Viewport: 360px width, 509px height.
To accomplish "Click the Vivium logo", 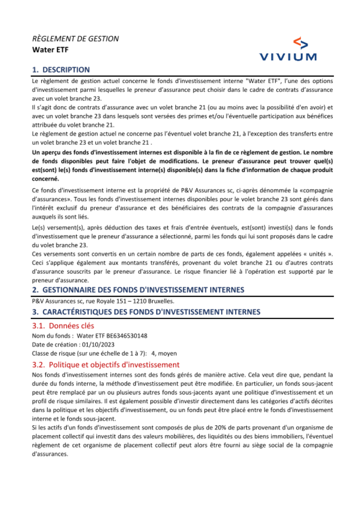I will pos(288,49).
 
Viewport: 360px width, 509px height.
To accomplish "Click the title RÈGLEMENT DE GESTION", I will pos(75,39).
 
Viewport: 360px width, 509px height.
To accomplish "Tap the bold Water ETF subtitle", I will pos(50,50).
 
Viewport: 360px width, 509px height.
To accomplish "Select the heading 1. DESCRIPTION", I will pos(61,70).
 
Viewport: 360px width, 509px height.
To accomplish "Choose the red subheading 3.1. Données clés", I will pos(63,326).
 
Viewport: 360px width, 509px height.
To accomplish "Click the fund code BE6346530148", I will pos(127,336).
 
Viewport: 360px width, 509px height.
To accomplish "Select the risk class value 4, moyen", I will pos(164,353).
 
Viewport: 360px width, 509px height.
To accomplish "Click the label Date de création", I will pos(54,345).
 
